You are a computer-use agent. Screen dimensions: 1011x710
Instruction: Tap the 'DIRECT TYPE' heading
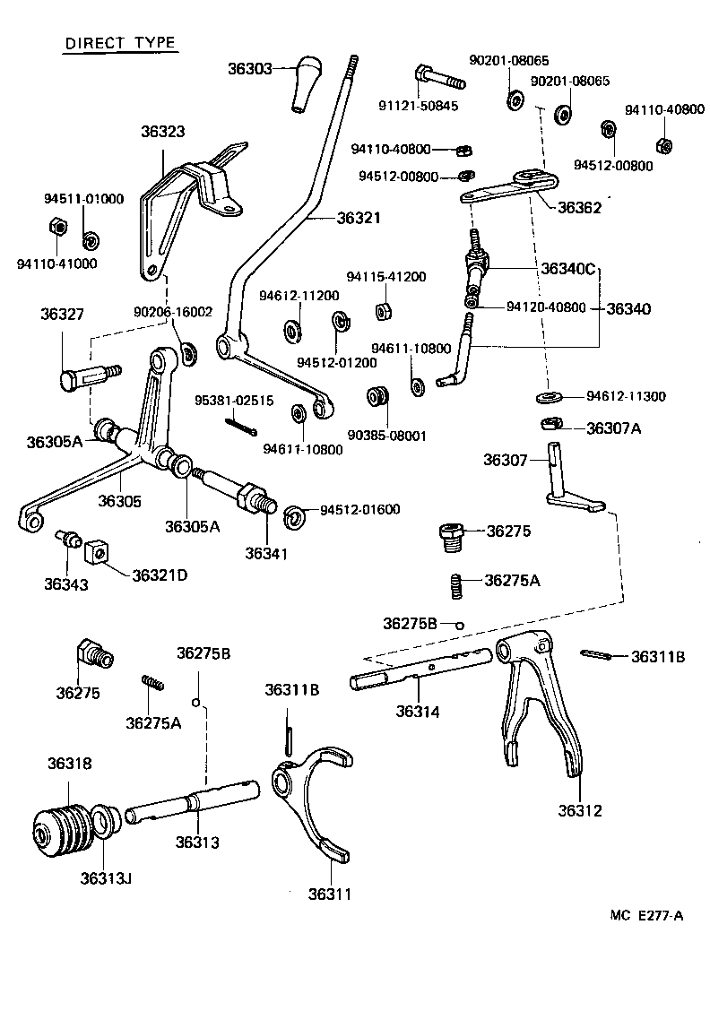119,44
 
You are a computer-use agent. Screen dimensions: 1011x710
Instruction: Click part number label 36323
162,132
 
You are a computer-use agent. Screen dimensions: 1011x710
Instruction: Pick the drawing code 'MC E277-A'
647,915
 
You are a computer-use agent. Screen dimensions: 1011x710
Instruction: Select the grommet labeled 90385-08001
377,397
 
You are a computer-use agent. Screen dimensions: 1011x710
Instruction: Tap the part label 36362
579,206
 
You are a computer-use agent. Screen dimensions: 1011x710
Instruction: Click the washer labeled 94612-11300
550,396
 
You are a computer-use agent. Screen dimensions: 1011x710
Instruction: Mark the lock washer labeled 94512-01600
293,516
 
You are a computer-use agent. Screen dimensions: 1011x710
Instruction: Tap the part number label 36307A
614,428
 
